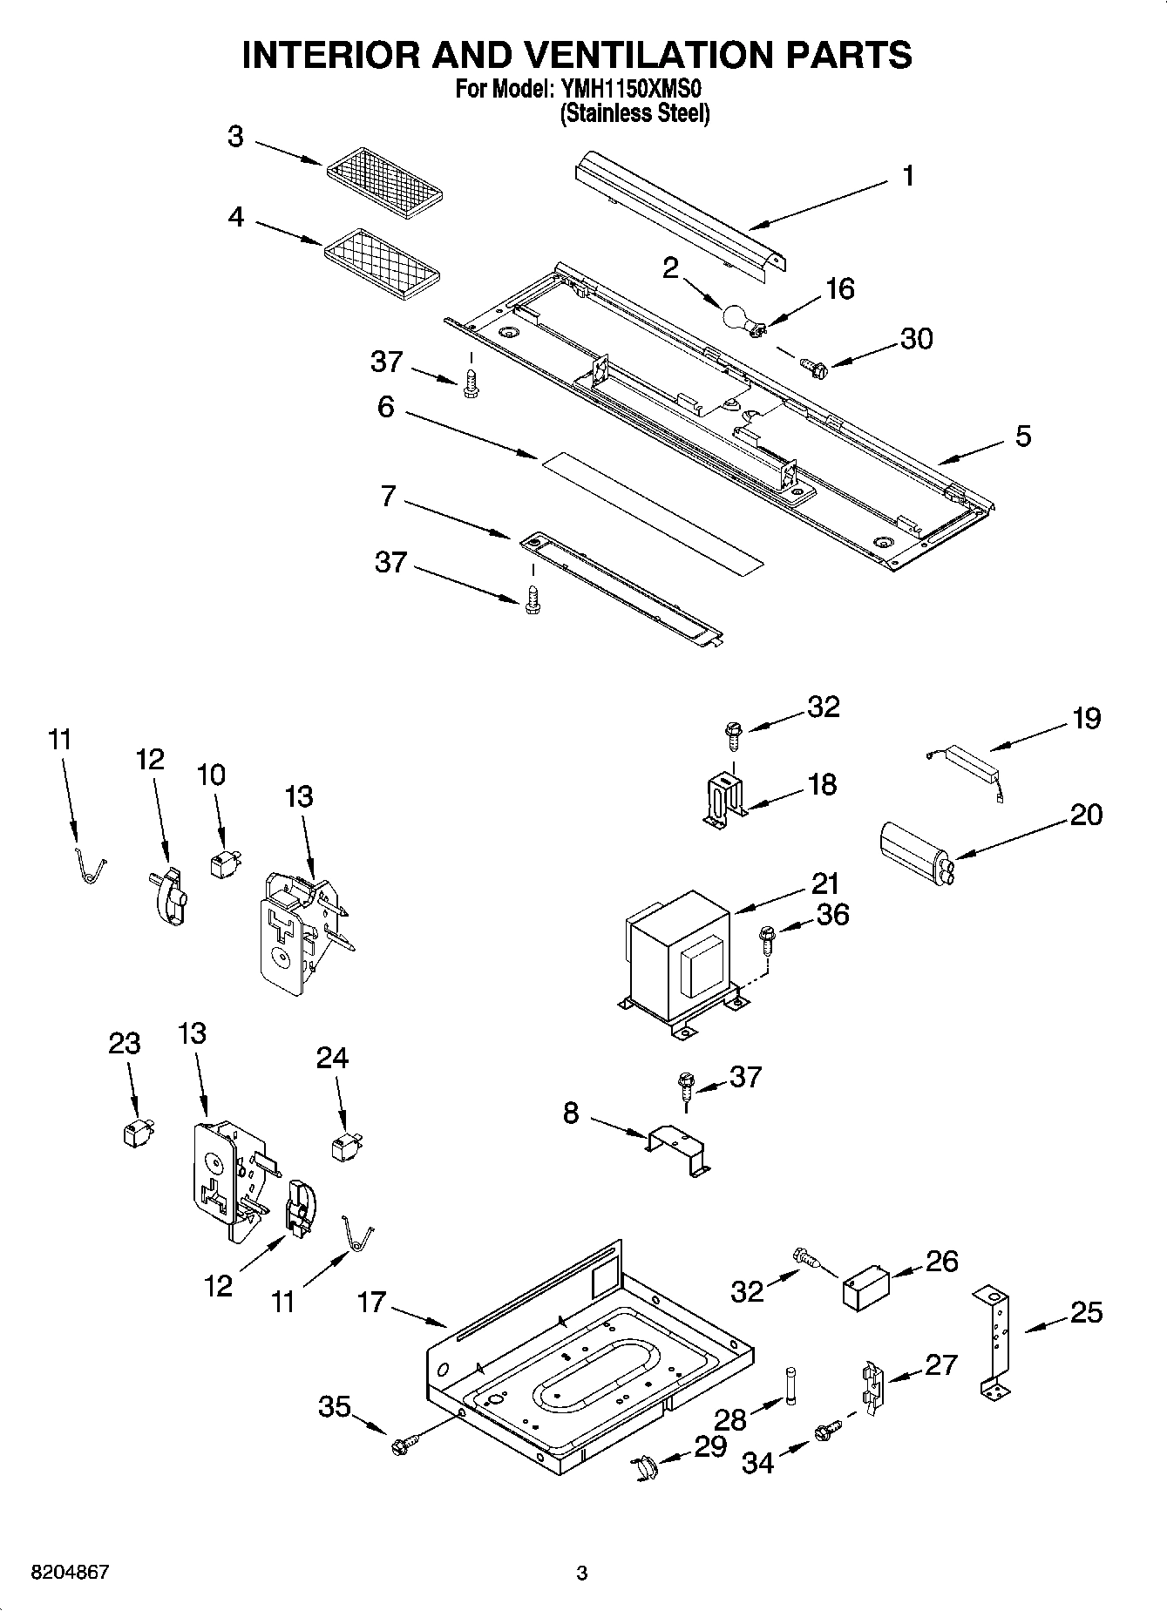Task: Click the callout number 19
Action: click(x=1086, y=719)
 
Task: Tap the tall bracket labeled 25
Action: click(x=995, y=1343)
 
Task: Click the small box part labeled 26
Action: click(x=865, y=1287)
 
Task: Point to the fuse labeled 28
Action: click(x=791, y=1384)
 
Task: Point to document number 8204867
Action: click(x=70, y=1573)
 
